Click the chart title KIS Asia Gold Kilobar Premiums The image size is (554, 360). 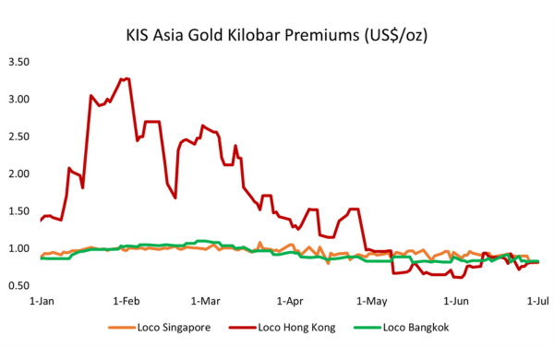coord(277,36)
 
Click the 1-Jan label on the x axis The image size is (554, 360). coord(41,301)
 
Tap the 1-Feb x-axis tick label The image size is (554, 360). coord(126,301)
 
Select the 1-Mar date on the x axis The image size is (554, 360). coord(205,301)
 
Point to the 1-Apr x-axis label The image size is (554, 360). coord(289,301)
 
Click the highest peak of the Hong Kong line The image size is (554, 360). coord(126,78)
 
